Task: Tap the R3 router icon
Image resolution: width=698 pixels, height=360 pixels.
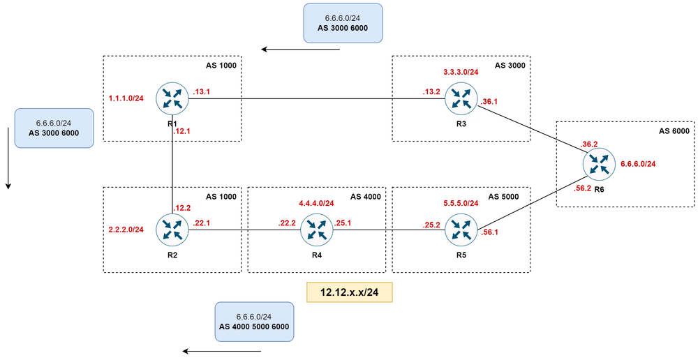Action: pos(461,98)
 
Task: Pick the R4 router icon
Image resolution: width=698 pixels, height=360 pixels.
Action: pos(315,230)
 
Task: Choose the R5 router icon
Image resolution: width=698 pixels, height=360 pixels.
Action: pos(461,230)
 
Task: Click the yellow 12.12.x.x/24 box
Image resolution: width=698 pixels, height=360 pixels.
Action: pos(350,292)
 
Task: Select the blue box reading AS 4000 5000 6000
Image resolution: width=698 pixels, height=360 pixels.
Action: pos(254,322)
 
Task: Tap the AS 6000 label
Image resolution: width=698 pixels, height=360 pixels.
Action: pos(674,130)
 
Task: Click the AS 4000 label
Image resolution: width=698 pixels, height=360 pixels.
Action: pos(367,196)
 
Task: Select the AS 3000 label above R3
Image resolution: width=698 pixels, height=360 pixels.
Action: pos(510,65)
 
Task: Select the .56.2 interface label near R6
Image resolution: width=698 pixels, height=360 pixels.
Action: pos(582,188)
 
